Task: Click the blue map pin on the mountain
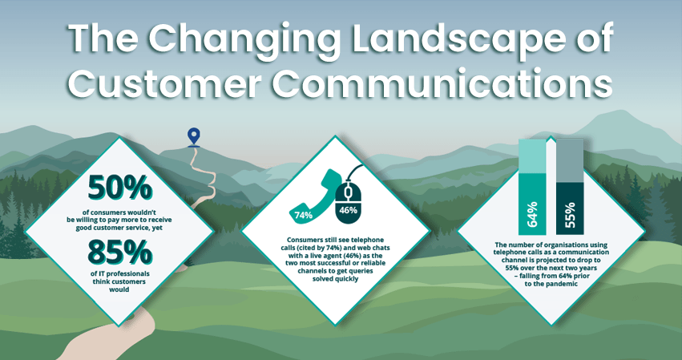[194, 136]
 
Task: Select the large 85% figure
[119, 253]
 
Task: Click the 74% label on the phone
[303, 215]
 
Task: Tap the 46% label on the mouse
[348, 211]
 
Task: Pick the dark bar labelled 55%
[570, 209]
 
